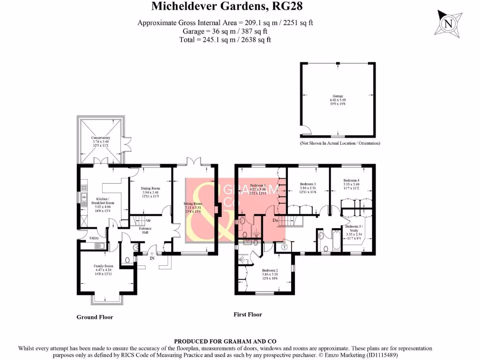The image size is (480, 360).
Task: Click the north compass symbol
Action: coord(450,23)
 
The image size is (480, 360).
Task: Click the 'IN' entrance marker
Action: coord(152,258)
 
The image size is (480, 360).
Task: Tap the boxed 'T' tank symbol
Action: coord(285,247)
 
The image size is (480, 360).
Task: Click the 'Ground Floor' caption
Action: coord(95,317)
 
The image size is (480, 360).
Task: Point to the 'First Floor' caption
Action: coord(247,315)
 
